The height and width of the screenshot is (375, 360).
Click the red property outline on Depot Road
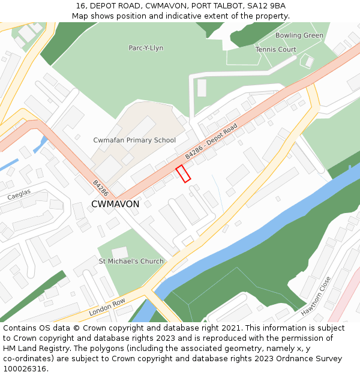(183, 173)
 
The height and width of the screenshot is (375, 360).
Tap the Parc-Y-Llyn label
(146, 48)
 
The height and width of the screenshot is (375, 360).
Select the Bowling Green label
(299, 35)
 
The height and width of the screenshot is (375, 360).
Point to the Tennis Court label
(275, 49)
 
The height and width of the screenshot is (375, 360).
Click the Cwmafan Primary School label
(134, 140)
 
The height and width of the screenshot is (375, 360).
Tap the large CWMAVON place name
(115, 204)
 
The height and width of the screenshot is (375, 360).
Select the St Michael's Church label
(131, 262)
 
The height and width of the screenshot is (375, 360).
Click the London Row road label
(107, 308)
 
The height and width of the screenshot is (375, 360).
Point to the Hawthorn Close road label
(316, 296)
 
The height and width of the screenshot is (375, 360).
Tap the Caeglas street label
(19, 196)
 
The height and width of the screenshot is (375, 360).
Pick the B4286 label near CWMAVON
(100, 188)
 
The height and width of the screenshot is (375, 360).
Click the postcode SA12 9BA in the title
(266, 6)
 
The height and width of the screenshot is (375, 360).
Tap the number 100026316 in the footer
(25, 368)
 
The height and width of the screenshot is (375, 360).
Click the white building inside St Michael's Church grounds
(119, 253)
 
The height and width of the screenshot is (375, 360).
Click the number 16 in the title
(80, 6)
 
